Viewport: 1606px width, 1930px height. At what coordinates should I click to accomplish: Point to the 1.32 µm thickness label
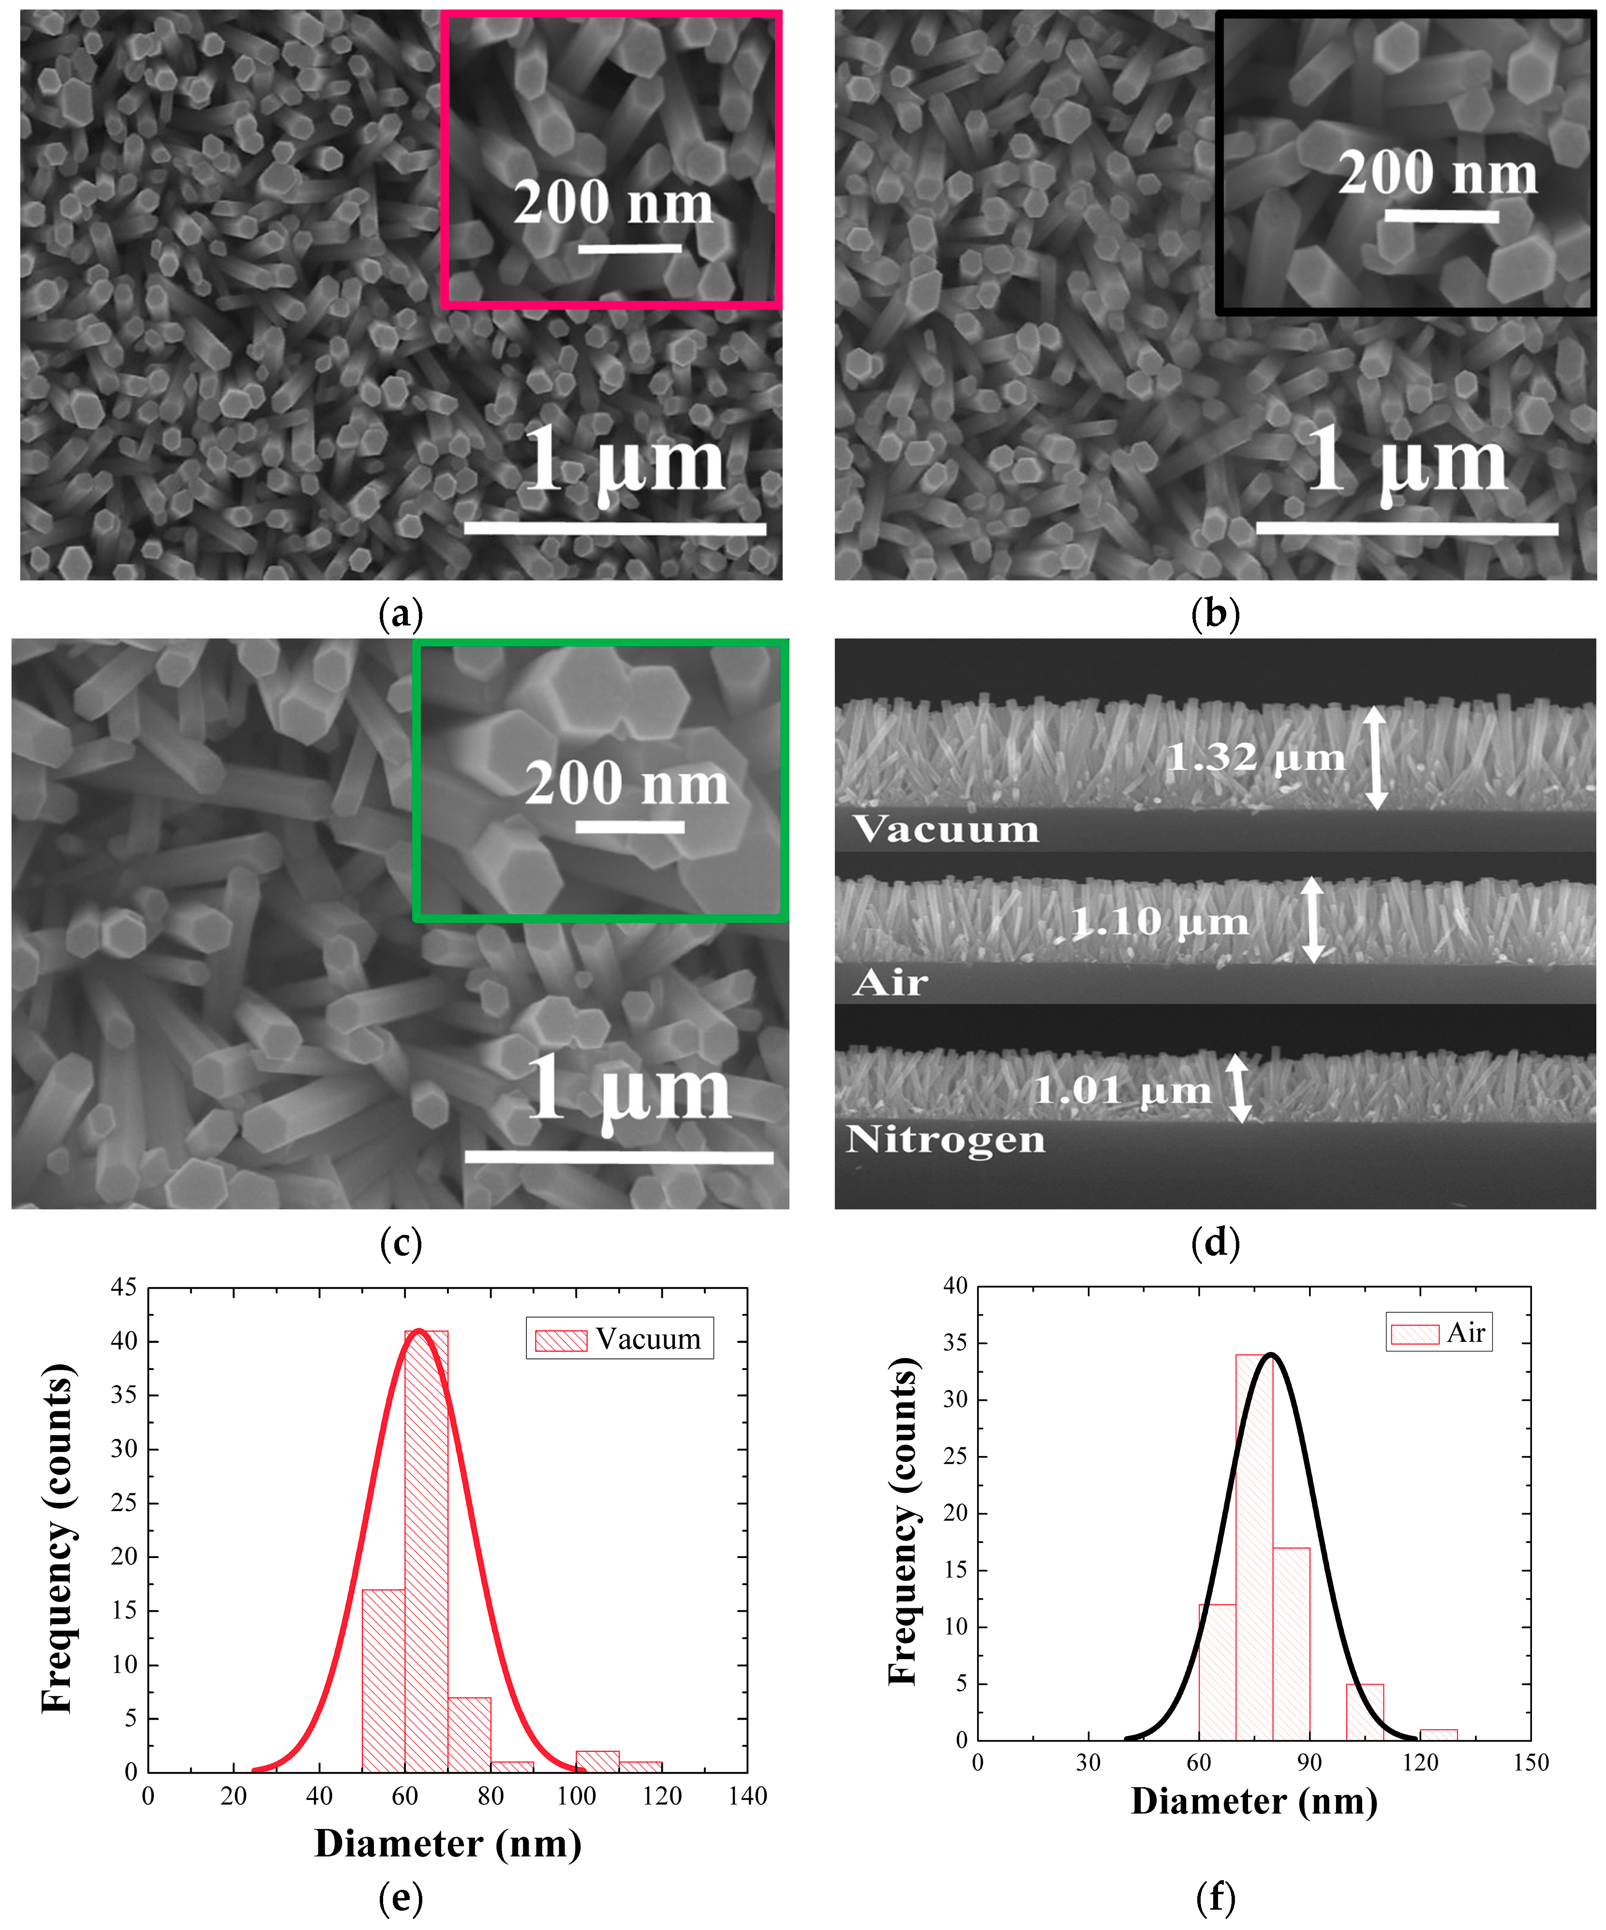1255,758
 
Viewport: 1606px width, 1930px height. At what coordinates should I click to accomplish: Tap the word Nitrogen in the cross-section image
945,1140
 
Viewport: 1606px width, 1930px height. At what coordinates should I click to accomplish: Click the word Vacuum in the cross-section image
945,829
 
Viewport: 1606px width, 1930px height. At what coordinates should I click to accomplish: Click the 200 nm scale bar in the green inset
630,827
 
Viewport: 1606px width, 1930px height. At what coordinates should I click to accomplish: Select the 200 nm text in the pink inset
613,203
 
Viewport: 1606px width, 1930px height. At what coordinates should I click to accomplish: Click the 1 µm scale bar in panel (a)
615,528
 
